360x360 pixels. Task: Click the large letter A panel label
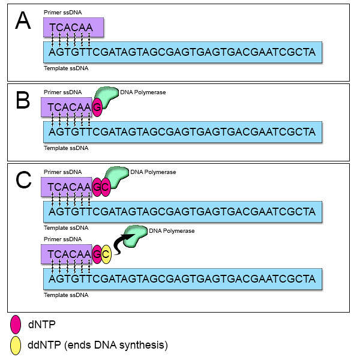tap(23, 22)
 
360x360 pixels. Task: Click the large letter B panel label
tap(23, 100)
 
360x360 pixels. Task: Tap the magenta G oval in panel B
tap(97, 107)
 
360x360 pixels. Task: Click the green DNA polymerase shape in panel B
tap(108, 96)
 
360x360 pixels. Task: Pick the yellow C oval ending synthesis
tap(106, 254)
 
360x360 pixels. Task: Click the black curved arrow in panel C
tap(119, 242)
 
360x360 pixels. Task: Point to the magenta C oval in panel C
tap(106, 186)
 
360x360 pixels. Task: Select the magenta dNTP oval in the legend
tap(16, 325)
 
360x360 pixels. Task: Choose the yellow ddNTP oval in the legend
tap(16, 345)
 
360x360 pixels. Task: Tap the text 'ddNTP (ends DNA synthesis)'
tap(97, 346)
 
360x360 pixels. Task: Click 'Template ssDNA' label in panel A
tap(66, 68)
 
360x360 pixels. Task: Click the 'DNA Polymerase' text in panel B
tap(143, 92)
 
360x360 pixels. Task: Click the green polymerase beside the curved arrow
tap(136, 235)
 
